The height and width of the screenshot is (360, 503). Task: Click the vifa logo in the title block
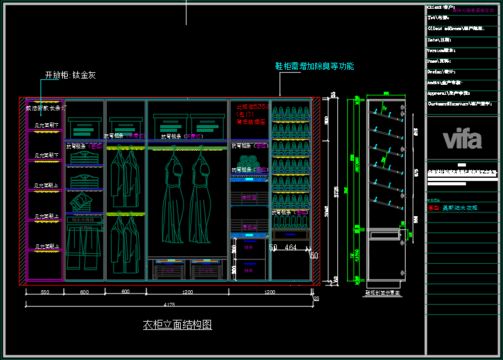(x=462, y=139)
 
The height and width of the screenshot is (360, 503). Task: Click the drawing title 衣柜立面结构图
(x=177, y=325)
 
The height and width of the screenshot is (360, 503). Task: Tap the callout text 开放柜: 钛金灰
(x=70, y=75)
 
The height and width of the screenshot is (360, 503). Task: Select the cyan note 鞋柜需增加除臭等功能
(x=314, y=66)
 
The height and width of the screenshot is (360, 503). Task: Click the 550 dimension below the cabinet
(x=45, y=292)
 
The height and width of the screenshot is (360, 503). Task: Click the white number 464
(x=290, y=248)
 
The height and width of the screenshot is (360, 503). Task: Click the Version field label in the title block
(x=441, y=50)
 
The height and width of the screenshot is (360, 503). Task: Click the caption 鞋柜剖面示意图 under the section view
(x=383, y=293)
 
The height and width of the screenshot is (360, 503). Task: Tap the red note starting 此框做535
(x=253, y=107)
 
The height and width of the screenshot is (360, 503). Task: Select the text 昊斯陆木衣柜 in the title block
(x=460, y=207)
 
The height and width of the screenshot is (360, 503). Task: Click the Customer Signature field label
(x=458, y=104)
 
